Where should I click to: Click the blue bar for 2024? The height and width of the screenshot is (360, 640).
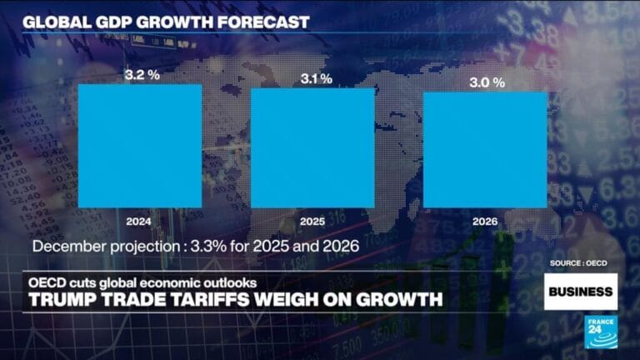click(140, 146)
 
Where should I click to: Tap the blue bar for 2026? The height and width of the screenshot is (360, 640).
click(485, 149)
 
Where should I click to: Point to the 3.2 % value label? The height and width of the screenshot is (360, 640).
click(140, 74)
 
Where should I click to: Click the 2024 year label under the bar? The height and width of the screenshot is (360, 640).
click(140, 222)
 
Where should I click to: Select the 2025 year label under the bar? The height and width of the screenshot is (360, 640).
click(312, 222)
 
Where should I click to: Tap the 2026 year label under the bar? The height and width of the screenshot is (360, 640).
click(485, 222)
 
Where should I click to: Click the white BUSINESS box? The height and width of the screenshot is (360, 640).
click(580, 292)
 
